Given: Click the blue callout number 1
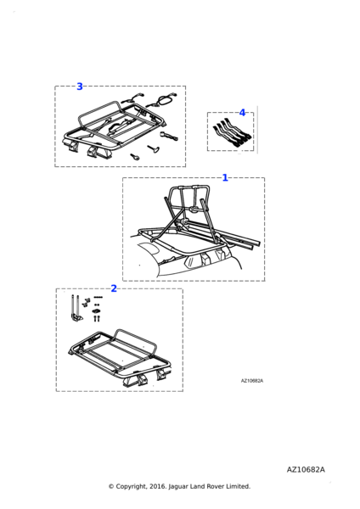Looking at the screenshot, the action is [x=225, y=177].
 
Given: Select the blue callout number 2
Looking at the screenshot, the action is [x=114, y=288].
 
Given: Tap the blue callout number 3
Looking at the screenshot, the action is [x=80, y=87].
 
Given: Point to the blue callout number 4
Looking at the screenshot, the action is [x=242, y=113].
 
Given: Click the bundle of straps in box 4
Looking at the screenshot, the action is [x=233, y=134].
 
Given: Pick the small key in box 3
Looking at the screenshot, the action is [x=135, y=157].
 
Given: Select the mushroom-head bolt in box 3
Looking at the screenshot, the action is [x=153, y=148].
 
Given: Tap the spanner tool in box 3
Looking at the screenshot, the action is [x=169, y=136].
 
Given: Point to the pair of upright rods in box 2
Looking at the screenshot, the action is [x=76, y=309].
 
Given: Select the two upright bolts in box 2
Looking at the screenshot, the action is [x=97, y=318].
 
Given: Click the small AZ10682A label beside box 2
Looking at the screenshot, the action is [x=252, y=381].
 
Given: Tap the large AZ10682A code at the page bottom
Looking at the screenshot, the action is [x=306, y=470].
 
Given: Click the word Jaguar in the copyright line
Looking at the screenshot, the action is [x=177, y=486].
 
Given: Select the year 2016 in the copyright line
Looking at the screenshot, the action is [x=158, y=486].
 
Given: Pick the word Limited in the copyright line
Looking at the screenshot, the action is [x=239, y=486].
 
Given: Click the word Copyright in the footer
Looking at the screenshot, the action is [x=131, y=486].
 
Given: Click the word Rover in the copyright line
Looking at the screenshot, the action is [x=217, y=486].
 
